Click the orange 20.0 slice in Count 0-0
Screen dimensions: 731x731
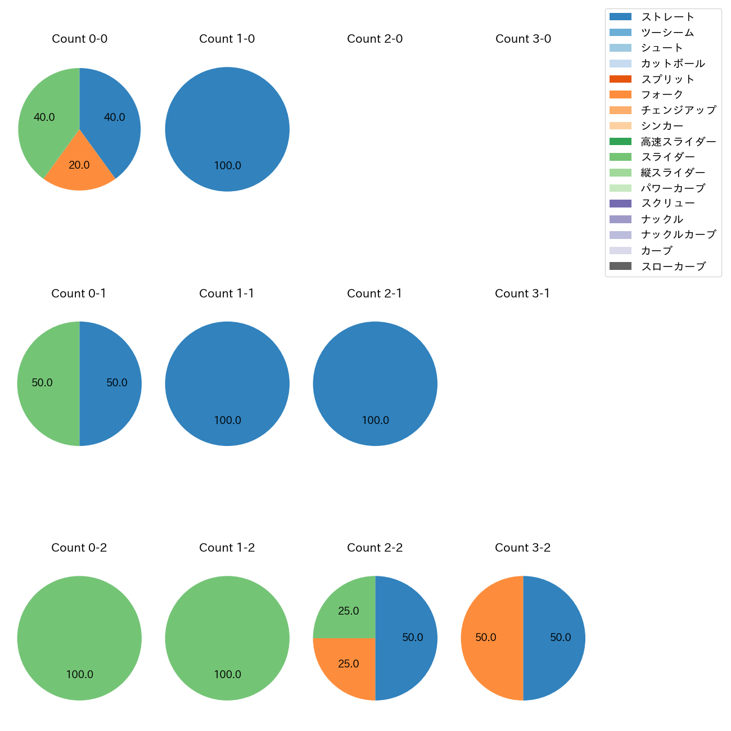(x=79, y=169)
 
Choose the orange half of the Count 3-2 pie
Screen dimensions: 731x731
(x=489, y=638)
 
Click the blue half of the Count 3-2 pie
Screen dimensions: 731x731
(x=557, y=638)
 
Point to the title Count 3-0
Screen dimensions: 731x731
(x=523, y=39)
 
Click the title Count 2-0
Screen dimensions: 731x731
(x=375, y=39)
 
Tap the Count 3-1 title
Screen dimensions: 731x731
(x=522, y=294)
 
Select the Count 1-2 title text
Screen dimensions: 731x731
(x=227, y=548)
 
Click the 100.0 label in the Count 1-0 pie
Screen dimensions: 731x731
(x=228, y=166)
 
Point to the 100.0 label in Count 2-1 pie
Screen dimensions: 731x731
(x=376, y=421)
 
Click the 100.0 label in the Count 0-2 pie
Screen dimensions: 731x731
(x=80, y=675)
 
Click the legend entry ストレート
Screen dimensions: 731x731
(x=667, y=17)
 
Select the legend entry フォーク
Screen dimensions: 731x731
(x=662, y=94)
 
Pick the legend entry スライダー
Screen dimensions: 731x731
(x=667, y=157)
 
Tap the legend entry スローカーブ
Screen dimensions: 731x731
(x=673, y=267)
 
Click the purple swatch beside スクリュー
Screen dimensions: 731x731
(x=620, y=204)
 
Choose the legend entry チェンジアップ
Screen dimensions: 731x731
(x=678, y=110)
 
